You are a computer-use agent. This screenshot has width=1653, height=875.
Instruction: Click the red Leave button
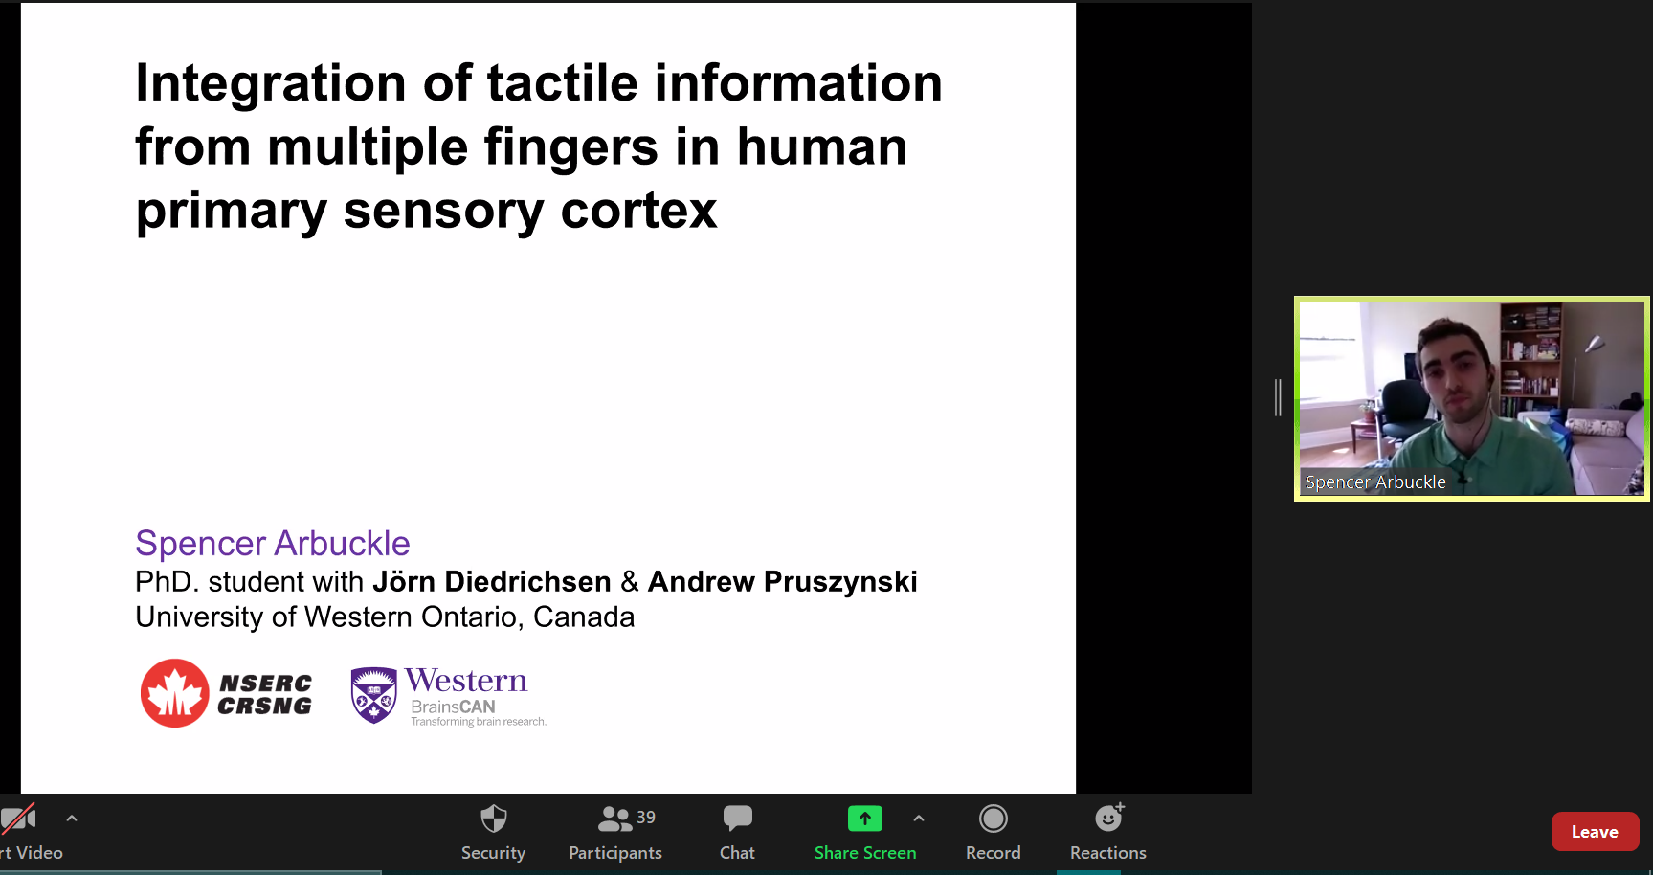pos(1595,832)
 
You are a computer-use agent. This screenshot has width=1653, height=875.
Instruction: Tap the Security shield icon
pos(493,819)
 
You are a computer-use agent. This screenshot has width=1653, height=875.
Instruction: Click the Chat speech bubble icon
pos(737,819)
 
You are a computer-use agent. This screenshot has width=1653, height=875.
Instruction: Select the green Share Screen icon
pos(865,819)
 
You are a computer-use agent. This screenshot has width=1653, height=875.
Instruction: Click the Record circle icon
pos(994,819)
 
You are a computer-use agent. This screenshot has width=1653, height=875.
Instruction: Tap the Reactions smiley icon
pos(1109,818)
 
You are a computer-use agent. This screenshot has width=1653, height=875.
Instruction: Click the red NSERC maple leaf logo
pos(175,693)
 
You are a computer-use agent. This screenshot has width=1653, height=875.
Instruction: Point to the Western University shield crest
pos(374,695)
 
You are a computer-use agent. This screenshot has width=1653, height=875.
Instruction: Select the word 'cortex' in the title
pos(638,211)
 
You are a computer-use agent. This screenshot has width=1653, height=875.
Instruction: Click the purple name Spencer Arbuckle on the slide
pos(273,543)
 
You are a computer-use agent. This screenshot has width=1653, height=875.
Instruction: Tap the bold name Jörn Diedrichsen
pos(492,581)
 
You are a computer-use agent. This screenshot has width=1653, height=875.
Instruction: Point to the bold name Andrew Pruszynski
pos(783,581)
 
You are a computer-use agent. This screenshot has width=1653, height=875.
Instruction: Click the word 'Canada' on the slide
pos(584,617)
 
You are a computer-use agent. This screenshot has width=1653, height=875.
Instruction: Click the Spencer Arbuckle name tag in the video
pos(1375,482)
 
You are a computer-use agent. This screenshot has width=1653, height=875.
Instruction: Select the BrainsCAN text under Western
pos(453,707)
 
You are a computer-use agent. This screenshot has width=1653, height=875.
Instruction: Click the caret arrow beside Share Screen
pos(919,819)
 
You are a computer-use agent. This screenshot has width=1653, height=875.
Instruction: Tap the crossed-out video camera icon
pos(17,819)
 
